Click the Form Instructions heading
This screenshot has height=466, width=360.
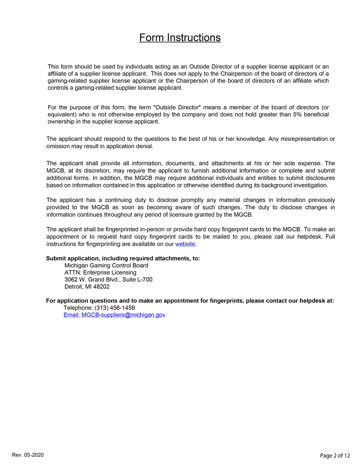[180, 38]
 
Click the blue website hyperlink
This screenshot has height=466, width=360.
[185, 244]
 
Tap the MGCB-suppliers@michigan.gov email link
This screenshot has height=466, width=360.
[114, 315]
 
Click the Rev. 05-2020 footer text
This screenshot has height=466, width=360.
[28, 454]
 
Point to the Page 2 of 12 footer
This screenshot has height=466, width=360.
[335, 455]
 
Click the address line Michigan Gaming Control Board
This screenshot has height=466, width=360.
[106, 266]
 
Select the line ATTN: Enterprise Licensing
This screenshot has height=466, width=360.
[100, 272]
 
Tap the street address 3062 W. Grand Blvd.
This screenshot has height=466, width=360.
[94, 280]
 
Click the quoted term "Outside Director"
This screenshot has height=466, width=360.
[178, 107]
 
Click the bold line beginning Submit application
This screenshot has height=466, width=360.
[123, 258]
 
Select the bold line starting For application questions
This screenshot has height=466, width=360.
[189, 301]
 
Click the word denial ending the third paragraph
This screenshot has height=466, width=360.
[144, 146]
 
